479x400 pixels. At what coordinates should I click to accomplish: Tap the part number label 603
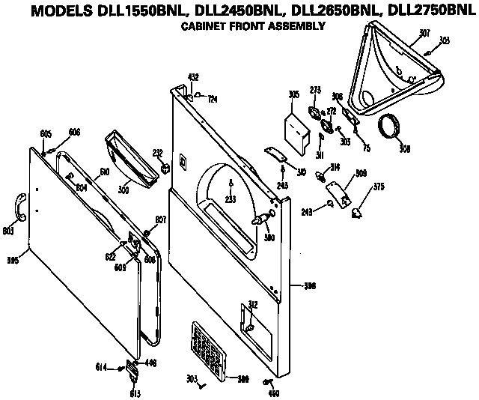(9, 231)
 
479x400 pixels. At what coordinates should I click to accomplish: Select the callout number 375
(379, 187)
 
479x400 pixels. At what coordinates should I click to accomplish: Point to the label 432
(192, 77)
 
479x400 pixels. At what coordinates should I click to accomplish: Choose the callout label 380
(269, 238)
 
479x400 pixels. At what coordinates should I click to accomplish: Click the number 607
(160, 220)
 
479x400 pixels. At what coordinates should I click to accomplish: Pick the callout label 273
(315, 90)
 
